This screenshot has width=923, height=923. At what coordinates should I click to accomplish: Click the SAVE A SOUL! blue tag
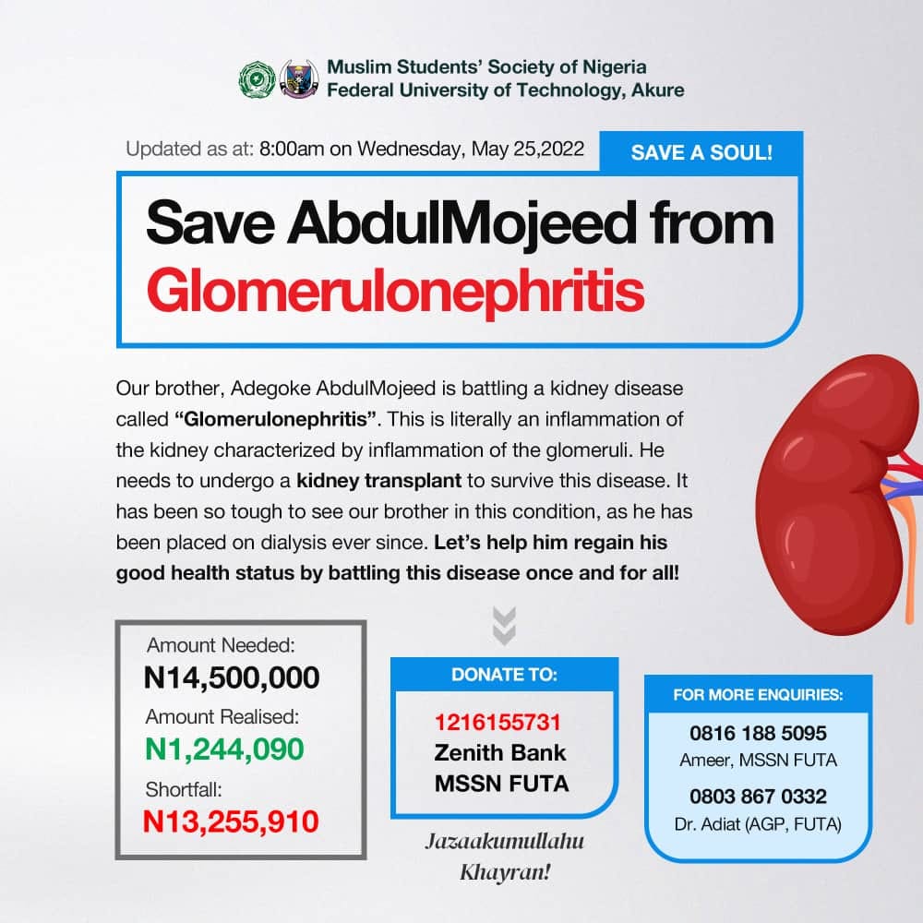(x=701, y=152)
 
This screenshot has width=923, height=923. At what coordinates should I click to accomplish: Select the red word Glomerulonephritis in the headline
(x=395, y=290)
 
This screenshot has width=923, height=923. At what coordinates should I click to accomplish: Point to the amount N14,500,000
(x=232, y=678)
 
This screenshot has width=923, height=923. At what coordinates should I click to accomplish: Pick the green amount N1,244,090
(x=224, y=749)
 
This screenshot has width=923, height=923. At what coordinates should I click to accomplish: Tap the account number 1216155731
(x=497, y=722)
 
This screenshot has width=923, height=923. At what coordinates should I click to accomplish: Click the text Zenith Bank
(x=500, y=752)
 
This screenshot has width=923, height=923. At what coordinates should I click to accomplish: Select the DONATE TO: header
(x=504, y=675)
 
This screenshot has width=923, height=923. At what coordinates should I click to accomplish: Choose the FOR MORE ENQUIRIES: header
(x=758, y=694)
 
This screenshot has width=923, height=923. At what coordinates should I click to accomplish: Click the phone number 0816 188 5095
(x=758, y=733)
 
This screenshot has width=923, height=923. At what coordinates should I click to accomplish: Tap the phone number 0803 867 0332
(x=758, y=796)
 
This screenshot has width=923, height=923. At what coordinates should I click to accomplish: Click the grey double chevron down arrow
(x=504, y=625)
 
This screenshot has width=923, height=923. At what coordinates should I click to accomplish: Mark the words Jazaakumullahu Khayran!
(x=504, y=856)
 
